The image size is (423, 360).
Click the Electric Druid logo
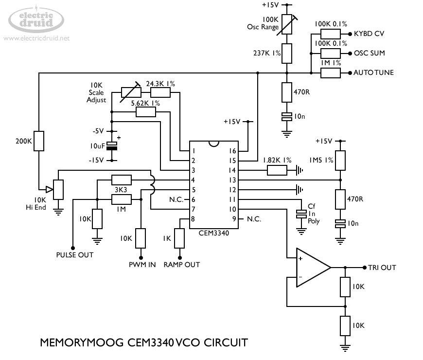coord(36,19)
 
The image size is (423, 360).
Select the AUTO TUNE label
coord(373,73)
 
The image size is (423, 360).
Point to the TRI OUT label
coord(382,268)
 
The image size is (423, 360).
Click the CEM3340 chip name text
coord(214,233)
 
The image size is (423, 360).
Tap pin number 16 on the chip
coord(232,151)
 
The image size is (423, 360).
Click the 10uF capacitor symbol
coord(112,146)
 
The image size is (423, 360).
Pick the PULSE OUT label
coord(75,254)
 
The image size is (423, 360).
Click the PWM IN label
coord(142,265)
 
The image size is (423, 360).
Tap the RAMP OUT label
coord(181,265)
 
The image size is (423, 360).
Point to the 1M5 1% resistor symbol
coord(340,160)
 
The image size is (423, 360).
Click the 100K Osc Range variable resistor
coord(287,25)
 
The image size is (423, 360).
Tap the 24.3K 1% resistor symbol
coord(160,92)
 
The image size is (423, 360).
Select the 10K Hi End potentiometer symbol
coord(58,189)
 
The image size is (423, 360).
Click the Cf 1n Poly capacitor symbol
coord(301,214)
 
